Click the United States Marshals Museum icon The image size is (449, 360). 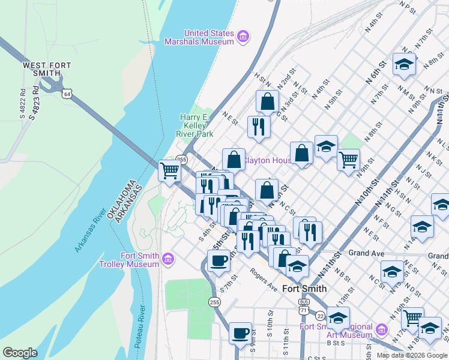pos(243,37)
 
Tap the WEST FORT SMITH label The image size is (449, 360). pos(42,69)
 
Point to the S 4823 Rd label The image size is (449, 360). pos(33,105)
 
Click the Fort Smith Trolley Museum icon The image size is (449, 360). pos(168,260)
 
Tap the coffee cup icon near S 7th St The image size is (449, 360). pos(218,261)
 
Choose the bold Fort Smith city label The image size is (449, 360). pos(304,289)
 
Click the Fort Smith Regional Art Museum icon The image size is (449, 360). pos(381,330)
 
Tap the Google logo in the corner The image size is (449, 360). pos(20,353)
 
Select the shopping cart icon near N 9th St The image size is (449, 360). pos(348,160)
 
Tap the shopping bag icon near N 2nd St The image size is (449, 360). pos(267,101)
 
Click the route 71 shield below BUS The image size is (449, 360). pos(304,310)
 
